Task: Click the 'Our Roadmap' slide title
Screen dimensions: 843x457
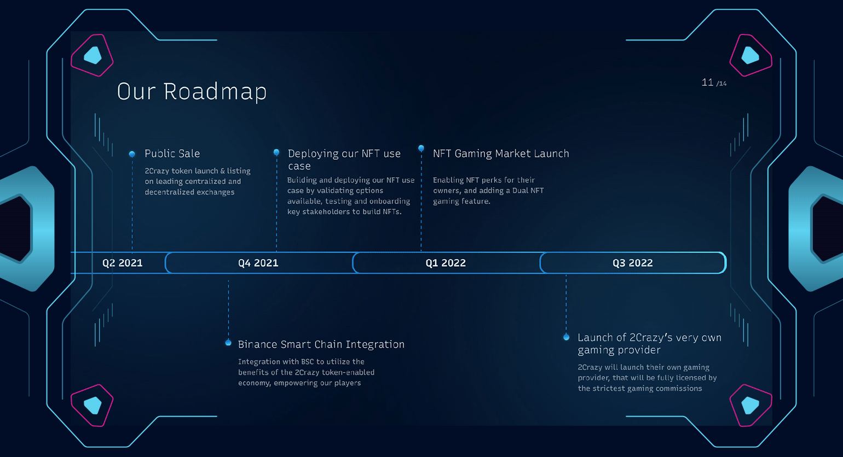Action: point(192,91)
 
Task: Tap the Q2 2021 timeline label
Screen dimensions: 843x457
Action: point(122,263)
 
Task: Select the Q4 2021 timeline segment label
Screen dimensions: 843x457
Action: point(258,263)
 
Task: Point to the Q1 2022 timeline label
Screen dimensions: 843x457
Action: point(446,263)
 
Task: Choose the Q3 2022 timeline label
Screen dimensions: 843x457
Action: point(633,263)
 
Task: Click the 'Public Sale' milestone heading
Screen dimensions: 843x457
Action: point(172,153)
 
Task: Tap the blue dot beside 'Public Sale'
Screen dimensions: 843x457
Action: point(132,154)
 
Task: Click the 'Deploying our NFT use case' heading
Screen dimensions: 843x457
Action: point(344,160)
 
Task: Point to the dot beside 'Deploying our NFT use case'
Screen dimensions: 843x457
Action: point(276,152)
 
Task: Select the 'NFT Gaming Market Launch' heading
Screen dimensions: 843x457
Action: point(501,153)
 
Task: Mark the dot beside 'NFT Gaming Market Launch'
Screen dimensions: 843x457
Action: point(421,148)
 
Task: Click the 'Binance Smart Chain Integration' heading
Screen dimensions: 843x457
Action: point(321,344)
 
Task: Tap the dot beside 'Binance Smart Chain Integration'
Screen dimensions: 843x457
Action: point(228,342)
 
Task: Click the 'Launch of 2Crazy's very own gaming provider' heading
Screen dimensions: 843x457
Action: point(650,343)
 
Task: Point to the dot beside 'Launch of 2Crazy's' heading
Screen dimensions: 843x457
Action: point(567,337)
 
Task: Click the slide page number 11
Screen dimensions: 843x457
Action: point(707,83)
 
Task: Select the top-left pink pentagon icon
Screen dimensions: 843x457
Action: point(92,55)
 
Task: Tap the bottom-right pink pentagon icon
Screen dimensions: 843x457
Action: point(751,405)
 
